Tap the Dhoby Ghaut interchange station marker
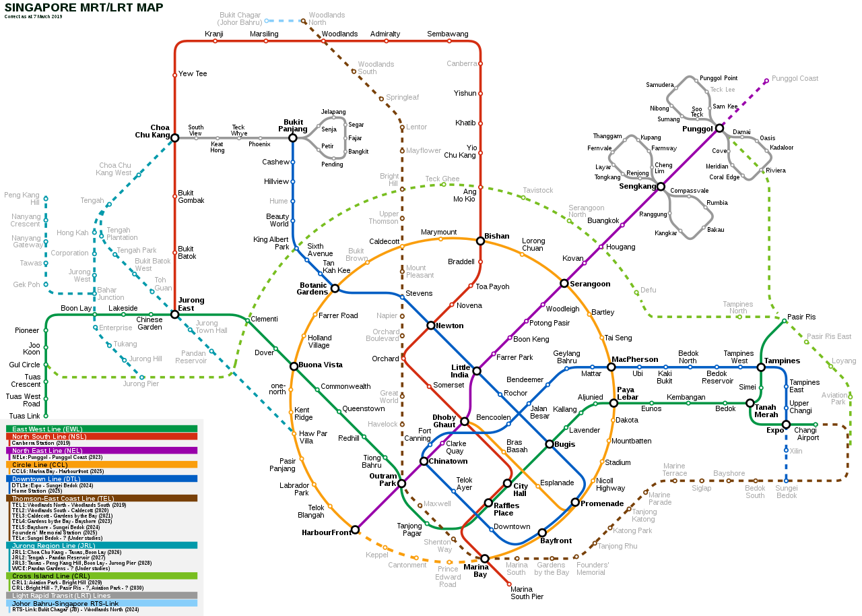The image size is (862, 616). click(464, 421)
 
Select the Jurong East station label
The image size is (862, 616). click(191, 304)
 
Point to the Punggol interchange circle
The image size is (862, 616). click(719, 128)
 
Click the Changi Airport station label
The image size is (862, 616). click(806, 433)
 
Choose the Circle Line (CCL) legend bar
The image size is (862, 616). click(102, 464)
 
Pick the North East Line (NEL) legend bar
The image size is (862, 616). click(102, 450)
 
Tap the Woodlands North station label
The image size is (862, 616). click(327, 18)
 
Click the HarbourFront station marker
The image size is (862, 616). click(355, 530)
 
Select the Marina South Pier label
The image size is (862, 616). click(527, 593)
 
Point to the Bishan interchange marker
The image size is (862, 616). click(480, 241)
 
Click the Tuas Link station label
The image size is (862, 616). click(25, 416)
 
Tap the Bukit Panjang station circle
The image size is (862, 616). click(293, 137)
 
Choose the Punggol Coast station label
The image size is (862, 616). click(795, 78)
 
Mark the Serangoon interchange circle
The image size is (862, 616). click(564, 283)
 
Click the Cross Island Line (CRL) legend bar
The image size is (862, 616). click(102, 576)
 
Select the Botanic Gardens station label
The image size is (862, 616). click(312, 288)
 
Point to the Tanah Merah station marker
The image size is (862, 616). click(750, 403)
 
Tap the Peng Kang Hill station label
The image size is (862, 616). click(22, 198)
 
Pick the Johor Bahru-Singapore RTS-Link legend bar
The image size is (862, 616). click(102, 603)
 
